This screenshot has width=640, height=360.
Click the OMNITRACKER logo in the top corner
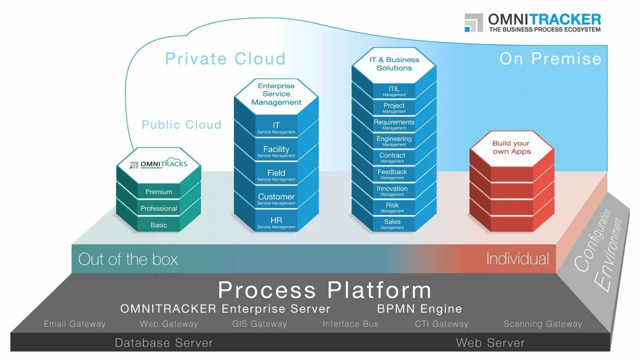pyautogui.click(x=532, y=22)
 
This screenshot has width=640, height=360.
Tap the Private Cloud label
pyautogui.click(x=225, y=58)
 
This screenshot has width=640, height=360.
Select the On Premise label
pyautogui.click(x=550, y=58)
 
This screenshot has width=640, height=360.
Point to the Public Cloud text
pyautogui.click(x=181, y=124)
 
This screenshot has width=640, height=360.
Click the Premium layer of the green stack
pyautogui.click(x=158, y=192)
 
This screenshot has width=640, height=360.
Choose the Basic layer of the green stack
pyautogui.click(x=158, y=225)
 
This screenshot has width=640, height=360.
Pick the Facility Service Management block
pyautogui.click(x=276, y=151)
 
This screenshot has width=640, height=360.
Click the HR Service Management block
pyautogui.click(x=276, y=222)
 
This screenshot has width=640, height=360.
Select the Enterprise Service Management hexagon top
pyautogui.click(x=276, y=94)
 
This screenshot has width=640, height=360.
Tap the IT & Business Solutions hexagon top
pyautogui.click(x=394, y=63)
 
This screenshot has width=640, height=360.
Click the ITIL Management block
pyautogui.click(x=394, y=91)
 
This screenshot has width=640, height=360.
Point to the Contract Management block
pyautogui.click(x=392, y=157)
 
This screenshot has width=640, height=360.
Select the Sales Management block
pyautogui.click(x=392, y=223)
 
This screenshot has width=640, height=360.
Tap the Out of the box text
pyautogui.click(x=128, y=259)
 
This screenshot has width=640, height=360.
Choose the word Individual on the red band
pyautogui.click(x=517, y=258)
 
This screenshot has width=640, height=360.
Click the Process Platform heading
pyautogui.click(x=324, y=290)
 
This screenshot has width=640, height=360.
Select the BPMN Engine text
pyautogui.click(x=419, y=308)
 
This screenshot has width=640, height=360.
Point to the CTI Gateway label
pyautogui.click(x=441, y=324)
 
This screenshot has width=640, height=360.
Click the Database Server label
pyautogui.click(x=164, y=342)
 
